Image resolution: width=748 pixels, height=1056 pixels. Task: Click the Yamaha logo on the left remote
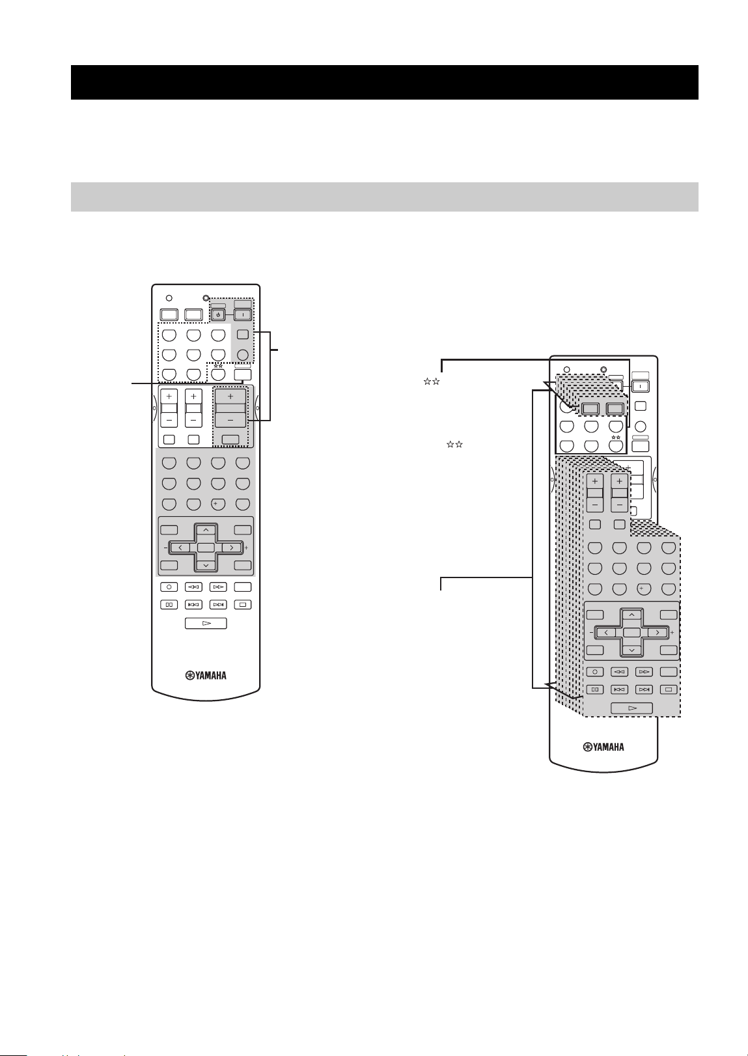point(206,676)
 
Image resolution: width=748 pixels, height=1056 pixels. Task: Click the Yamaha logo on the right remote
point(603,747)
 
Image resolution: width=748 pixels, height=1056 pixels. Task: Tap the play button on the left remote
point(206,623)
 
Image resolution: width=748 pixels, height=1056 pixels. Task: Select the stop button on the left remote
point(243,604)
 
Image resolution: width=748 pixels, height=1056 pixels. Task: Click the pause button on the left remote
point(169,604)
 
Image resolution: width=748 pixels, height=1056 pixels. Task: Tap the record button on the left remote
point(169,587)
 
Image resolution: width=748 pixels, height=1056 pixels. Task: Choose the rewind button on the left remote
point(193,587)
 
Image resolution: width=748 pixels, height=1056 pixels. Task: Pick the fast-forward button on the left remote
point(218,587)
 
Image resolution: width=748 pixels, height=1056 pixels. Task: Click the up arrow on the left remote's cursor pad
point(206,531)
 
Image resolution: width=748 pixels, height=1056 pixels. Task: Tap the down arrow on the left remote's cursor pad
point(206,564)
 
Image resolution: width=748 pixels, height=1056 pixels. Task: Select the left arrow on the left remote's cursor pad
point(180,548)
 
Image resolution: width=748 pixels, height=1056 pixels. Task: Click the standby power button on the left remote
point(217,314)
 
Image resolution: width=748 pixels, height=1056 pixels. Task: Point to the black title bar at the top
point(385,83)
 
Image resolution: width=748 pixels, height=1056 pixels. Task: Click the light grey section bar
point(385,197)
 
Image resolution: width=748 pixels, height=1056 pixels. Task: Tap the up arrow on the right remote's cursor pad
point(631,615)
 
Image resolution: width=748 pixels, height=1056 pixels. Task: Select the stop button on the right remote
point(669,689)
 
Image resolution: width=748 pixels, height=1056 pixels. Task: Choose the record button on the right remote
point(595,672)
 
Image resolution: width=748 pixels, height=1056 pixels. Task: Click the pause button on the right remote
point(595,689)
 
